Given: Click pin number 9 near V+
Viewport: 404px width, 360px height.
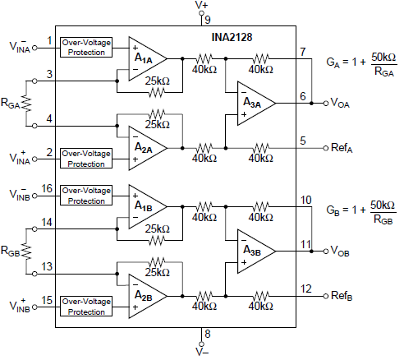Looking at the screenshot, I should (x=208, y=19).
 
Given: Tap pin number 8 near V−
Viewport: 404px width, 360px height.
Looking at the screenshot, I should (x=208, y=334).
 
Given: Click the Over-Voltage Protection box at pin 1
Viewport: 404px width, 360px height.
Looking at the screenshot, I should (x=86, y=47).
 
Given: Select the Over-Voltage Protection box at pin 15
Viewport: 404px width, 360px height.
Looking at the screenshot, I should (x=86, y=307).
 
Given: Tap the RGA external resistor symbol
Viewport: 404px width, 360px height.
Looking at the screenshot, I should (x=27, y=104).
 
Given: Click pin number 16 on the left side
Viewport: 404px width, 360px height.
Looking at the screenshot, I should (x=48, y=188).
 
